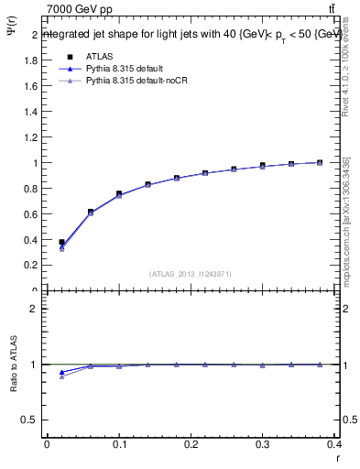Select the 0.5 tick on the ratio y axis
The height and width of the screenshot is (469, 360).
(34, 420)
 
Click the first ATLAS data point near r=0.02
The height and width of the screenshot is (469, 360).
(61, 242)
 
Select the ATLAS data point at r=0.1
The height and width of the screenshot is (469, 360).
(119, 194)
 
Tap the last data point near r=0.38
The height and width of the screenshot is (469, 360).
(320, 162)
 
